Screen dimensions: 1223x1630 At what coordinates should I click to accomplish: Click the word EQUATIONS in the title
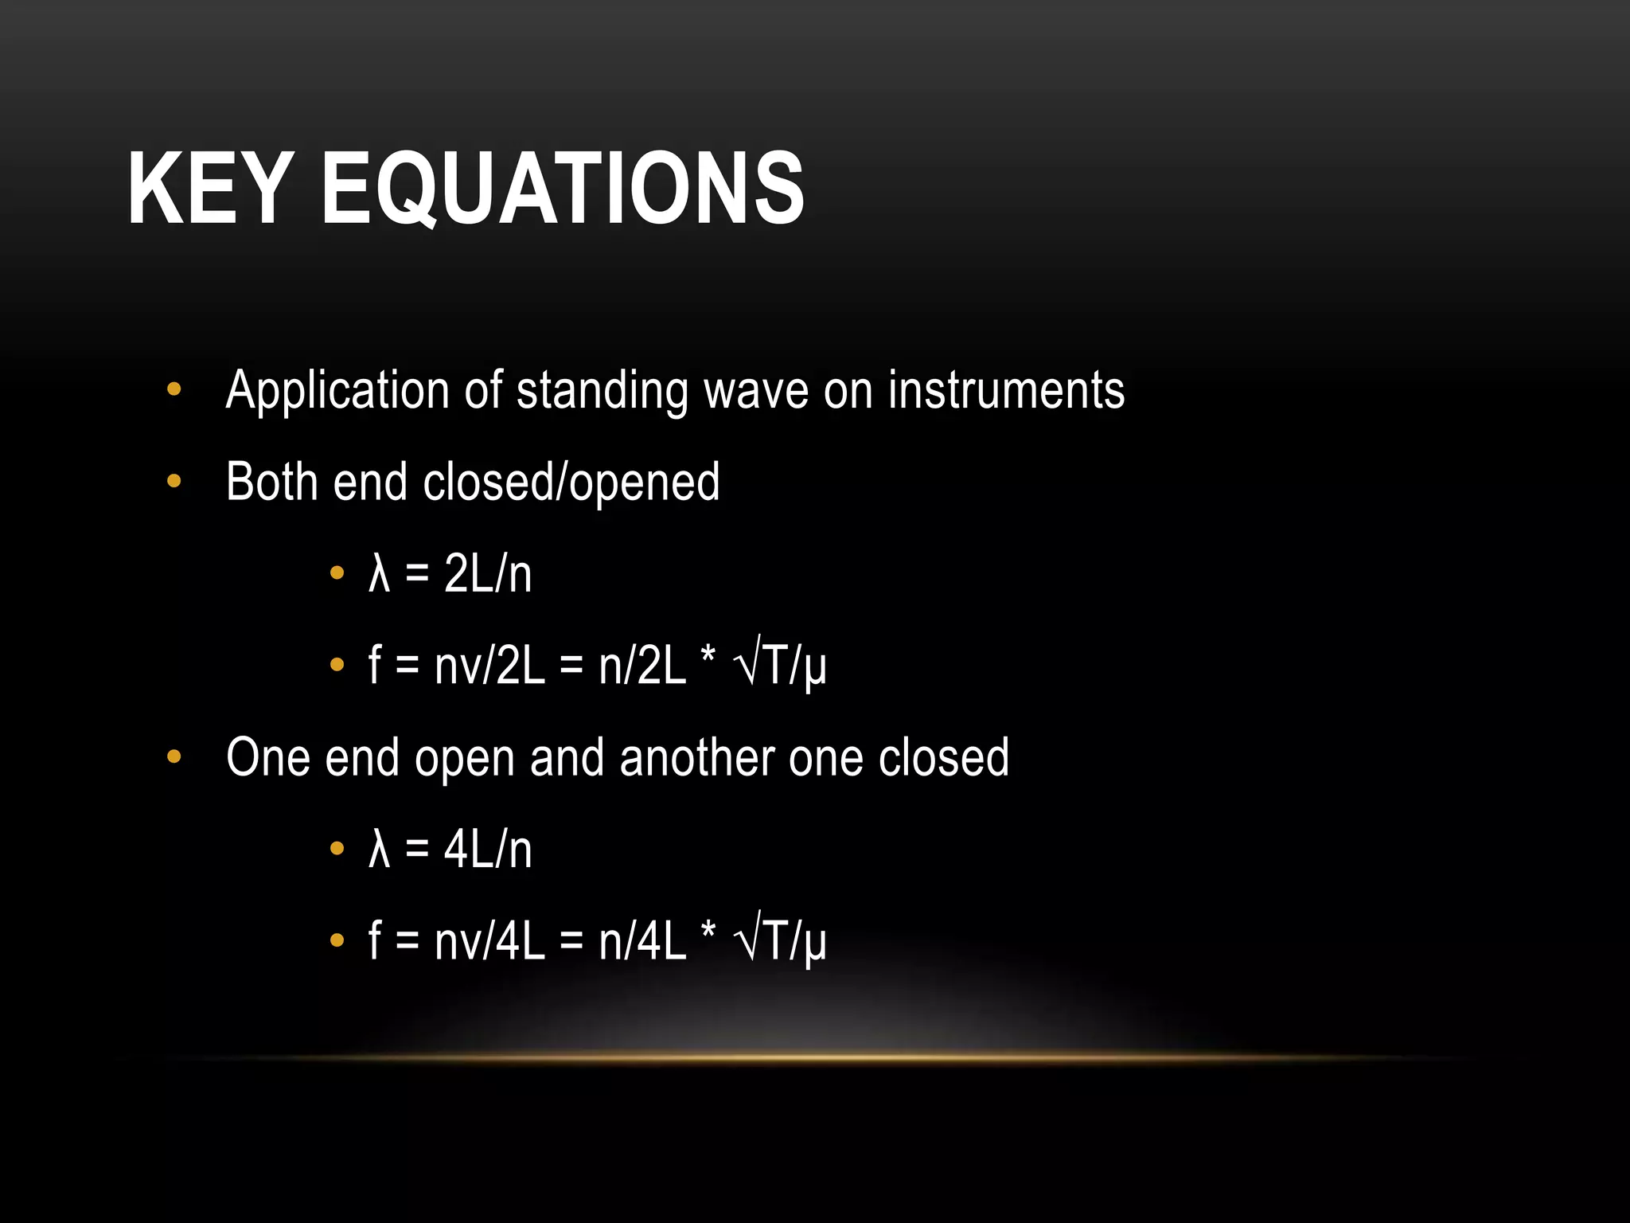coord(562,190)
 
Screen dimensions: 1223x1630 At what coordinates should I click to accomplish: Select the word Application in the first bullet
coord(337,391)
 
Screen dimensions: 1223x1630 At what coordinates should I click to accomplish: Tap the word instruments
coord(1006,391)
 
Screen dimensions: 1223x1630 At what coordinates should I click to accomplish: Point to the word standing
coord(602,391)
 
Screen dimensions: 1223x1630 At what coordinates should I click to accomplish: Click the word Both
coord(271,482)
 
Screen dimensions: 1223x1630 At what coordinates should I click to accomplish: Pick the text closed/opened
coord(571,483)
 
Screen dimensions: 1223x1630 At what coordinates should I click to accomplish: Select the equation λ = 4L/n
coord(450,849)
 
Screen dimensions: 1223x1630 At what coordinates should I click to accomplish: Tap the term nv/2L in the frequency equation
coord(489,666)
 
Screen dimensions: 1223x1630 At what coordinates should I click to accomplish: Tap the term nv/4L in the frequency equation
coord(489,941)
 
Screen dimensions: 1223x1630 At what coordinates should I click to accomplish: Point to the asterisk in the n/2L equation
coord(708,658)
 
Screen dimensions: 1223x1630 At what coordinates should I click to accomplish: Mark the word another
coord(696,757)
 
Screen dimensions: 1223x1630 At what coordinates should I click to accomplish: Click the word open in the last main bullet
coord(464,759)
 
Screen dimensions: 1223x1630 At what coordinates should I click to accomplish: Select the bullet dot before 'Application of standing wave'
coord(174,390)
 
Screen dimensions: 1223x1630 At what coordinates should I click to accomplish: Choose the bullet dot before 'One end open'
coord(174,757)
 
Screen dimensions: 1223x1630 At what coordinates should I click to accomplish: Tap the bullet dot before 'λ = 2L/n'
coord(337,572)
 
